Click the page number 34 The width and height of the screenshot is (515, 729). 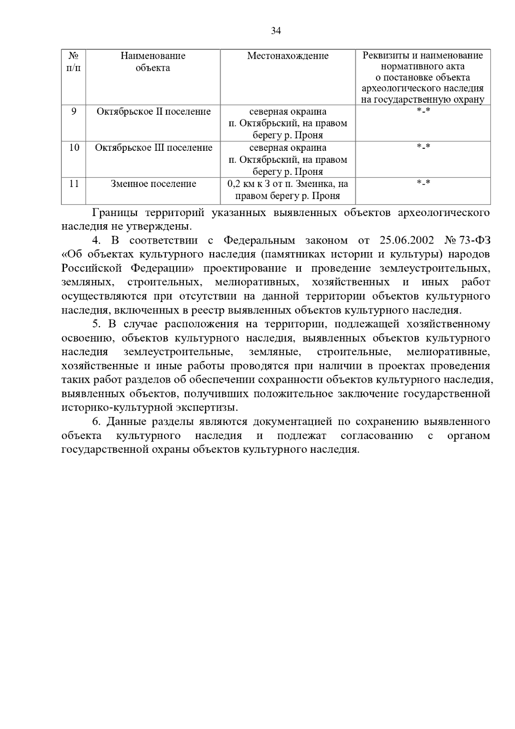[x=276, y=31]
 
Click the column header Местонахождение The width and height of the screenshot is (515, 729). [x=288, y=56]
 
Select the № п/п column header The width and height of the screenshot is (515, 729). [x=73, y=61]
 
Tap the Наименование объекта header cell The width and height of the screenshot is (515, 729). [x=153, y=61]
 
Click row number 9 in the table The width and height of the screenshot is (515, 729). [x=74, y=112]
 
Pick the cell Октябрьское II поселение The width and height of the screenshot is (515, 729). [x=154, y=112]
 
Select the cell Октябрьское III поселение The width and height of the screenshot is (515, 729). [x=154, y=148]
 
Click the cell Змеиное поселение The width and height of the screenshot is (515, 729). [x=153, y=184]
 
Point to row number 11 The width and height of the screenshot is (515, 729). [x=74, y=184]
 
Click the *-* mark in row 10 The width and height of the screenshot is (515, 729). [x=423, y=147]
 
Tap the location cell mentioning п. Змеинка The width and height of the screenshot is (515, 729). [x=288, y=190]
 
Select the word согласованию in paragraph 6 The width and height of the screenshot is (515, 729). [x=377, y=436]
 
